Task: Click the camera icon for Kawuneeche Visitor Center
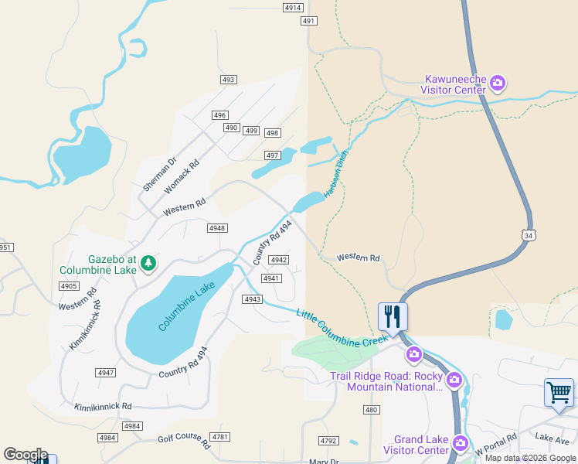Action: pos(498,81)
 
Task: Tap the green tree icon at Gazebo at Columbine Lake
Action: pos(148,264)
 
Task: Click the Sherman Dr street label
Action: pos(155,175)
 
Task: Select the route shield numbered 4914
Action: pos(293,8)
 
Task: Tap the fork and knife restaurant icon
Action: pos(393,316)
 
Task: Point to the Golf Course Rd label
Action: pos(184,441)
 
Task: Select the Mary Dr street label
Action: pos(324,461)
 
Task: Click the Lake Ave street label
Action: pos(552,438)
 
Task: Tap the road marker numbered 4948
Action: pos(217,227)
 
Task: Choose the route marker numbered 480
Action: pos(372,410)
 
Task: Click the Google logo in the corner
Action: pos(25,455)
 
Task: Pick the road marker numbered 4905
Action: pos(69,286)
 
